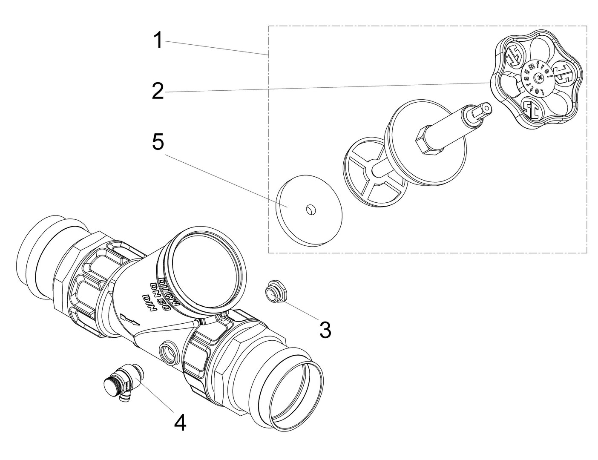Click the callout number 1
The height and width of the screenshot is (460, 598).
tap(158, 41)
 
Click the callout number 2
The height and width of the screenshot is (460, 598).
tap(158, 91)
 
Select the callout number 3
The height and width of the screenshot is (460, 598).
tap(325, 330)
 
